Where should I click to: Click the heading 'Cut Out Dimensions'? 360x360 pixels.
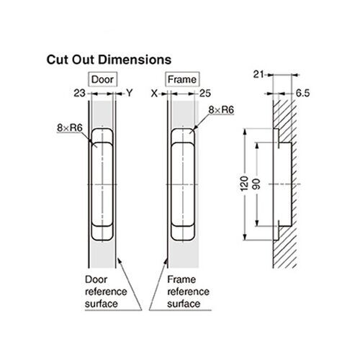pyautogui.click(x=108, y=58)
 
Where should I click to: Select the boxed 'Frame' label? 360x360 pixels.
pyautogui.click(x=182, y=78)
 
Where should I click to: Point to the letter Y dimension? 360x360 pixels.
pyautogui.click(x=130, y=93)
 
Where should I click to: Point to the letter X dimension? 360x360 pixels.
pyautogui.click(x=153, y=93)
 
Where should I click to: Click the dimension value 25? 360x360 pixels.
pyautogui.click(x=205, y=93)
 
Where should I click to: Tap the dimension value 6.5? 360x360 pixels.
pyautogui.click(x=303, y=93)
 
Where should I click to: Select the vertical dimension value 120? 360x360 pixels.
pyautogui.click(x=243, y=184)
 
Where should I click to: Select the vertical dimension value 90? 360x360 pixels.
pyautogui.click(x=256, y=184)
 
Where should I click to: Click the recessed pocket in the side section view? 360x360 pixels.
pyautogui.click(x=282, y=184)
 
